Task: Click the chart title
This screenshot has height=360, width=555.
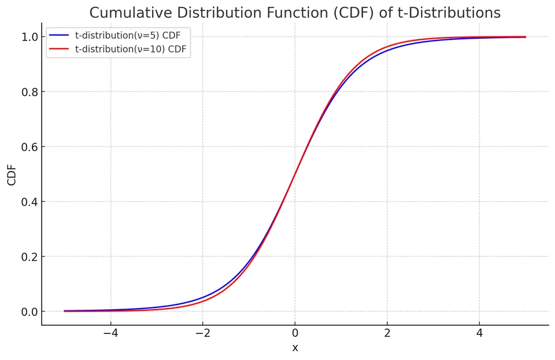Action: [x=295, y=13]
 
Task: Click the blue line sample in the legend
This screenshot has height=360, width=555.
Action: [x=59, y=35]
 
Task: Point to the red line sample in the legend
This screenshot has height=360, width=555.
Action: [x=59, y=49]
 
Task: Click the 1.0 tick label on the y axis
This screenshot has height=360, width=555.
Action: [x=29, y=37]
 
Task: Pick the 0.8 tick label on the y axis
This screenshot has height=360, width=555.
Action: [x=29, y=92]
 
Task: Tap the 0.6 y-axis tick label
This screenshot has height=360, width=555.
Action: [x=29, y=147]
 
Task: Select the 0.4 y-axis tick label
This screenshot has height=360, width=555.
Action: [x=29, y=202]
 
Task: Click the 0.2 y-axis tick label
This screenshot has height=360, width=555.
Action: [x=29, y=257]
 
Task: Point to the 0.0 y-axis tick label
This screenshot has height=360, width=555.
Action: [x=29, y=311]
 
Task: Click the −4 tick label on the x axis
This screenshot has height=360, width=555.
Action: [x=110, y=333]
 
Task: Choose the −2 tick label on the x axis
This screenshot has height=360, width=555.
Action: [x=202, y=333]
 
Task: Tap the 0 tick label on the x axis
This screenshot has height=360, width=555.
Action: [x=295, y=333]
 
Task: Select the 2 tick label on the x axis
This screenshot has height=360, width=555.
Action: [x=387, y=333]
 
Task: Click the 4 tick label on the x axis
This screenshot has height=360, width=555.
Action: [x=479, y=333]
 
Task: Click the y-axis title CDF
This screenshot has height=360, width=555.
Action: [x=12, y=175]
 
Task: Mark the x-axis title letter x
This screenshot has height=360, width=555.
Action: [x=295, y=348]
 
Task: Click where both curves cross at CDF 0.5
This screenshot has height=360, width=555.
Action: [x=295, y=175]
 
